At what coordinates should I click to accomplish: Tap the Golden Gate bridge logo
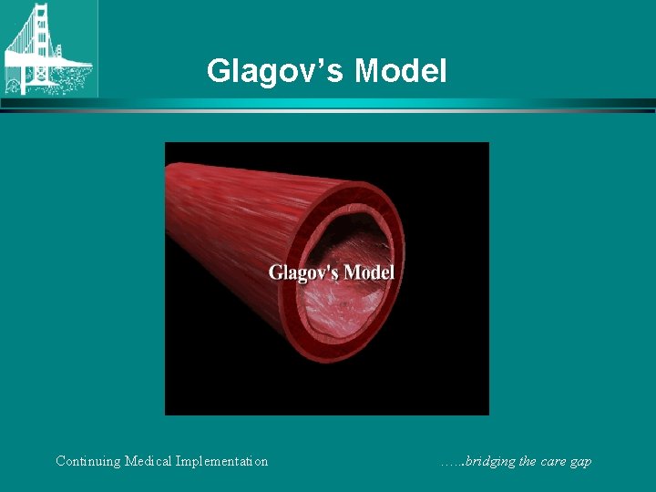(x=48, y=48)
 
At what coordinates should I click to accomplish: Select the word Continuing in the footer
(x=88, y=461)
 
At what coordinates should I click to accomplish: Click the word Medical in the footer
(x=151, y=461)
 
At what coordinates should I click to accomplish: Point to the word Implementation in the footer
(x=225, y=461)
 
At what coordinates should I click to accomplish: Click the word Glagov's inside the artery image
(x=301, y=272)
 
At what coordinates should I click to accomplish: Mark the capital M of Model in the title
(x=370, y=70)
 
